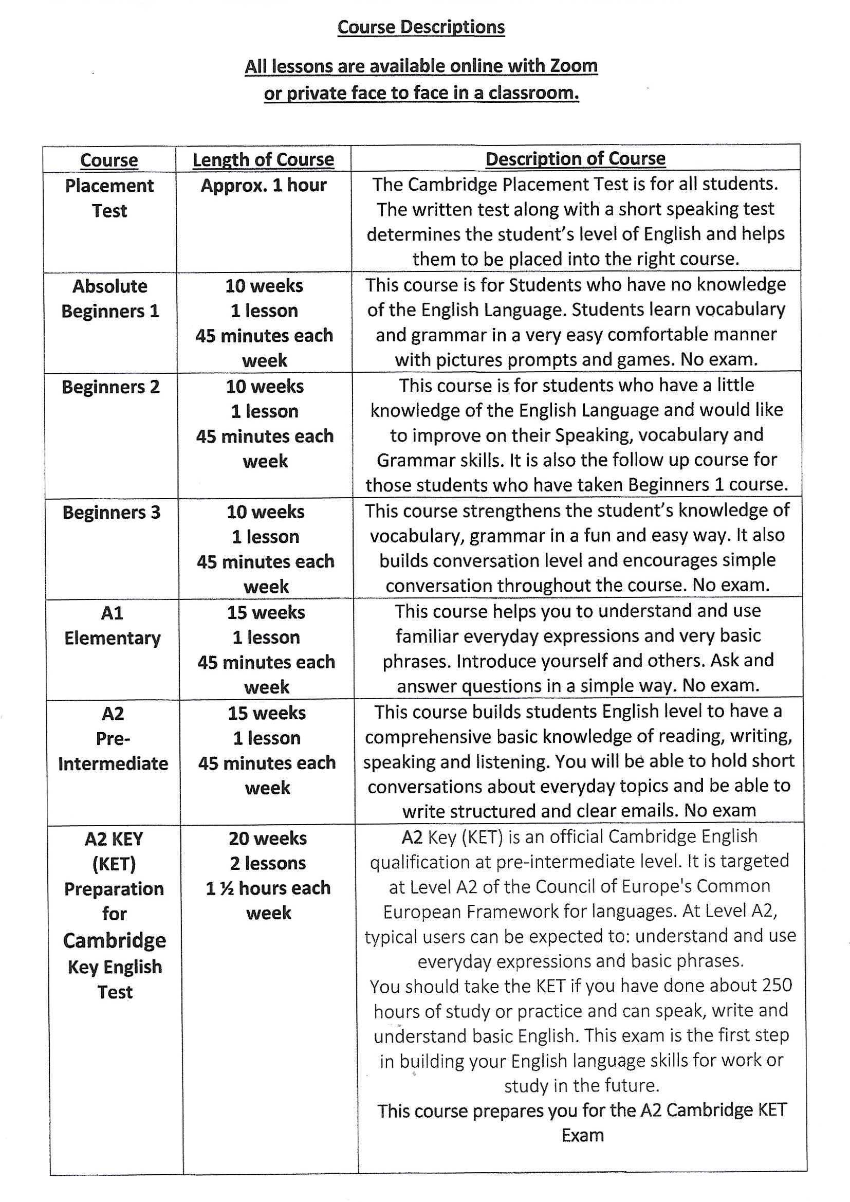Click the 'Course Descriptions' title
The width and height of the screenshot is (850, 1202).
coord(421,27)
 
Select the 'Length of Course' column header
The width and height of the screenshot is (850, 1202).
coord(263,160)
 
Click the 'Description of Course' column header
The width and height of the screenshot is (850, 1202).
coord(575,159)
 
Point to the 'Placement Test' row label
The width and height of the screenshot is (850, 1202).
coord(109,198)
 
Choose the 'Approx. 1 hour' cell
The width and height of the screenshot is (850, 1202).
coord(263,185)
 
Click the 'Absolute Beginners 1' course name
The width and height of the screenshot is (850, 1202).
coord(110,298)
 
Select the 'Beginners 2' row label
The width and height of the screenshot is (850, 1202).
coord(110,387)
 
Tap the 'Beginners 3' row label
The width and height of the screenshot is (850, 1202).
coord(112,513)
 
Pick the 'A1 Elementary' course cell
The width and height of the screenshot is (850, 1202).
coord(113,625)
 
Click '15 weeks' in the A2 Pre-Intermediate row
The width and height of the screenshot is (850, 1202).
coord(266,713)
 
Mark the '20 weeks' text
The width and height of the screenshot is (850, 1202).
coord(267,839)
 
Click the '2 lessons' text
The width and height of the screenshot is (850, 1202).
coord(267,863)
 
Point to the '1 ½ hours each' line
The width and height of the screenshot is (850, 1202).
coord(268,888)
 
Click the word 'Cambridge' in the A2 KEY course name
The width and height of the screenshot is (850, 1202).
coord(114,941)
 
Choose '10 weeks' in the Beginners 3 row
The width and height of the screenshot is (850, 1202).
coord(265,512)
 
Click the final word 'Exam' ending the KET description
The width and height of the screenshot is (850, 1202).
coord(583,1136)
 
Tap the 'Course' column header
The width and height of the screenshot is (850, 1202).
coord(109,160)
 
